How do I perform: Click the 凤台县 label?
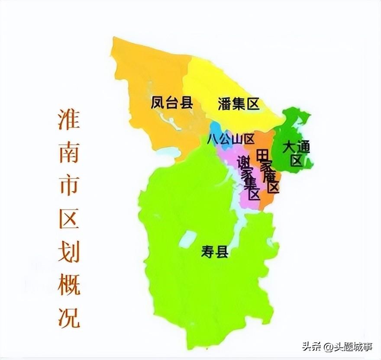[171, 103]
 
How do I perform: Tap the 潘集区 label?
[238, 104]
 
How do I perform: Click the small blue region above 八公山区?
[216, 129]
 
